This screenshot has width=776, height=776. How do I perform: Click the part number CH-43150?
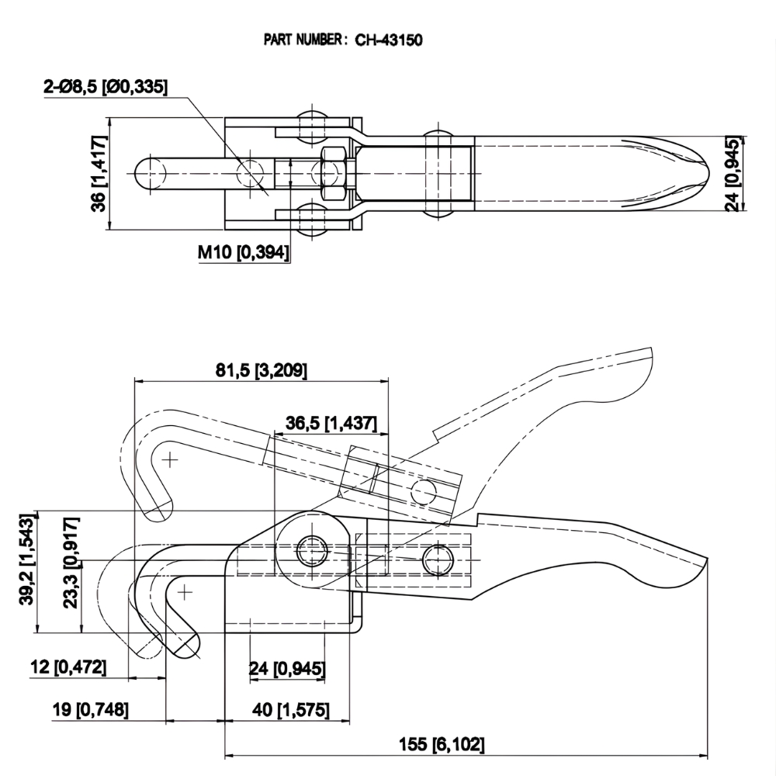tap(388, 40)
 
